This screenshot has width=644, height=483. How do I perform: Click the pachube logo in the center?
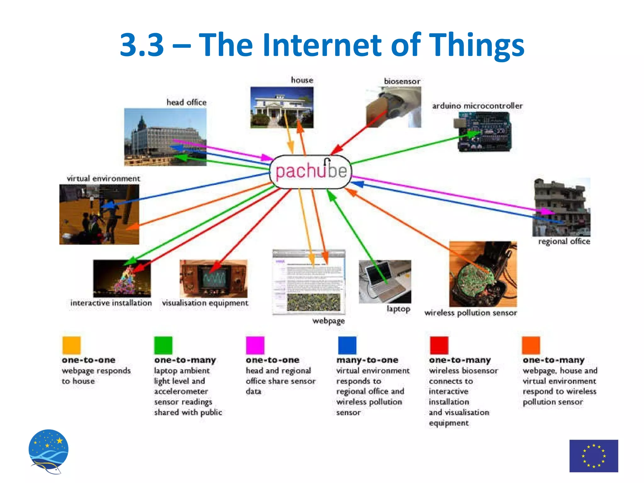pos(311,172)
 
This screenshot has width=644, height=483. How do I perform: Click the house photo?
pos(282,108)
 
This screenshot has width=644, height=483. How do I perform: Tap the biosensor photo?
pos(393,107)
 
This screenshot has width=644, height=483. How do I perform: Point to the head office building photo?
pos(165,137)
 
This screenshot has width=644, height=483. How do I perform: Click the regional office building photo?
pos(561,208)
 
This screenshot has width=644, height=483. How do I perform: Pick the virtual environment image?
pos(99,214)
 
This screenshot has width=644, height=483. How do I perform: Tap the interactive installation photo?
pos(122,279)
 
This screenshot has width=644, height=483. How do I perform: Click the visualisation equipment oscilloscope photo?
pos(214,279)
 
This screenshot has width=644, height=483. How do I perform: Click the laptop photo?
pos(385,281)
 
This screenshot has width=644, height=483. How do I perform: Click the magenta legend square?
pos(255,345)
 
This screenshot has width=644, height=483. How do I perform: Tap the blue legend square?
pos(347,345)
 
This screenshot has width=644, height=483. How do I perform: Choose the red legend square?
pos(439,345)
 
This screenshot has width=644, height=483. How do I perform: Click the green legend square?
pos(163,345)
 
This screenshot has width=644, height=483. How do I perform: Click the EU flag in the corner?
pos(594,456)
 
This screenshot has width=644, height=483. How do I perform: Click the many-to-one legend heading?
pos(367,360)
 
